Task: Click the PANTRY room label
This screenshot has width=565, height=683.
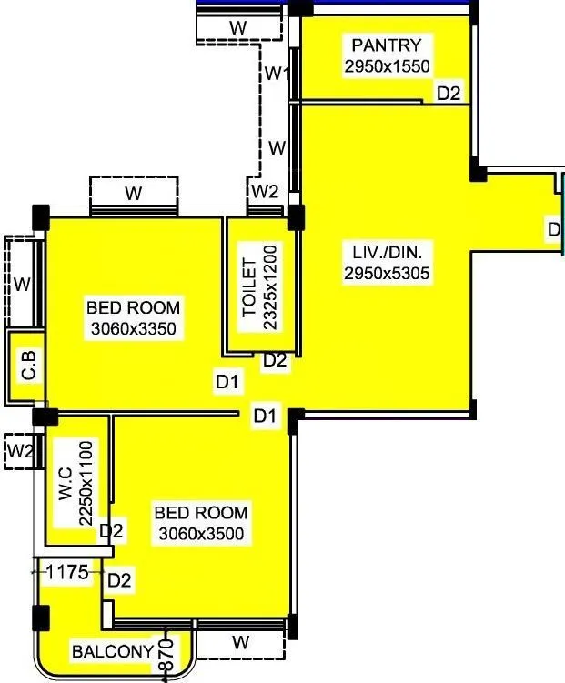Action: (x=387, y=45)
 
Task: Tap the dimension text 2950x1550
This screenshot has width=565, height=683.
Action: (x=387, y=65)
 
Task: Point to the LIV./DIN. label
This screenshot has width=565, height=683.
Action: (x=387, y=252)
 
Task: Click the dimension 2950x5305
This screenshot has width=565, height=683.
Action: (x=387, y=272)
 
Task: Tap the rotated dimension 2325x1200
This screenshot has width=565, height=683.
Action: (x=269, y=286)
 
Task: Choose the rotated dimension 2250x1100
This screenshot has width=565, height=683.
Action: (x=86, y=483)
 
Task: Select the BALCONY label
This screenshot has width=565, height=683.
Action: (x=113, y=651)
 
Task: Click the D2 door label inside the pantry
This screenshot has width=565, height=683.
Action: (x=449, y=92)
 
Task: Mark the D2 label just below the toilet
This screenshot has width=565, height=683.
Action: (x=275, y=361)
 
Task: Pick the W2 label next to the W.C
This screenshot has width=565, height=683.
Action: (x=20, y=450)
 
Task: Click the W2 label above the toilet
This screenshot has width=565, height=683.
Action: (x=265, y=191)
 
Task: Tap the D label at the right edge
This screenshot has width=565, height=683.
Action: (x=554, y=229)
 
